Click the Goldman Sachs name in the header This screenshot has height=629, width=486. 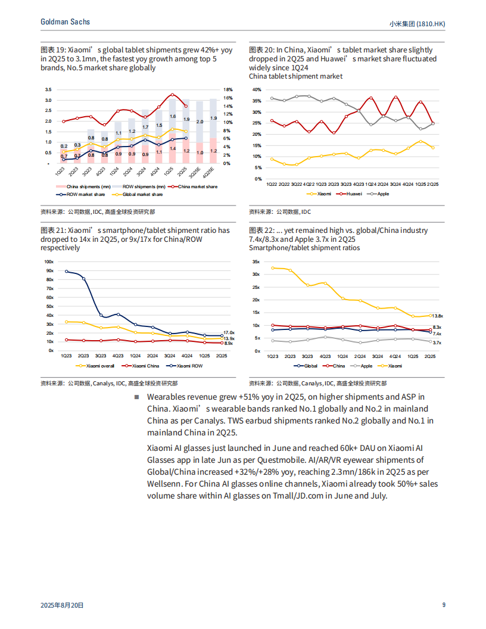point(66,21)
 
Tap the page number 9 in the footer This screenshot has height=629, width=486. point(444,605)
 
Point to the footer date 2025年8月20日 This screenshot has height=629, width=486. point(62,605)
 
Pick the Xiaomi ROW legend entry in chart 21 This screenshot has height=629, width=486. point(186,366)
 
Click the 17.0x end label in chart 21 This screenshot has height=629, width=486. point(228,332)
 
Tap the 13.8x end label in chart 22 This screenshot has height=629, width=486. point(437,316)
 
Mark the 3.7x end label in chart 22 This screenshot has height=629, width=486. point(437,343)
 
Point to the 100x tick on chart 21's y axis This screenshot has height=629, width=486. point(49,262)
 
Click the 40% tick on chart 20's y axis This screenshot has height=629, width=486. point(257,89)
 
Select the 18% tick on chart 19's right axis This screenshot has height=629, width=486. point(228,89)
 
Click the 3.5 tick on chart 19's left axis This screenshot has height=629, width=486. point(48,89)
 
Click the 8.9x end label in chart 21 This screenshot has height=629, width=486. point(228,344)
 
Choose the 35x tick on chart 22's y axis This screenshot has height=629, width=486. point(256,262)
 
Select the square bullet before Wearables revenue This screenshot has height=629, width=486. point(136,397)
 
